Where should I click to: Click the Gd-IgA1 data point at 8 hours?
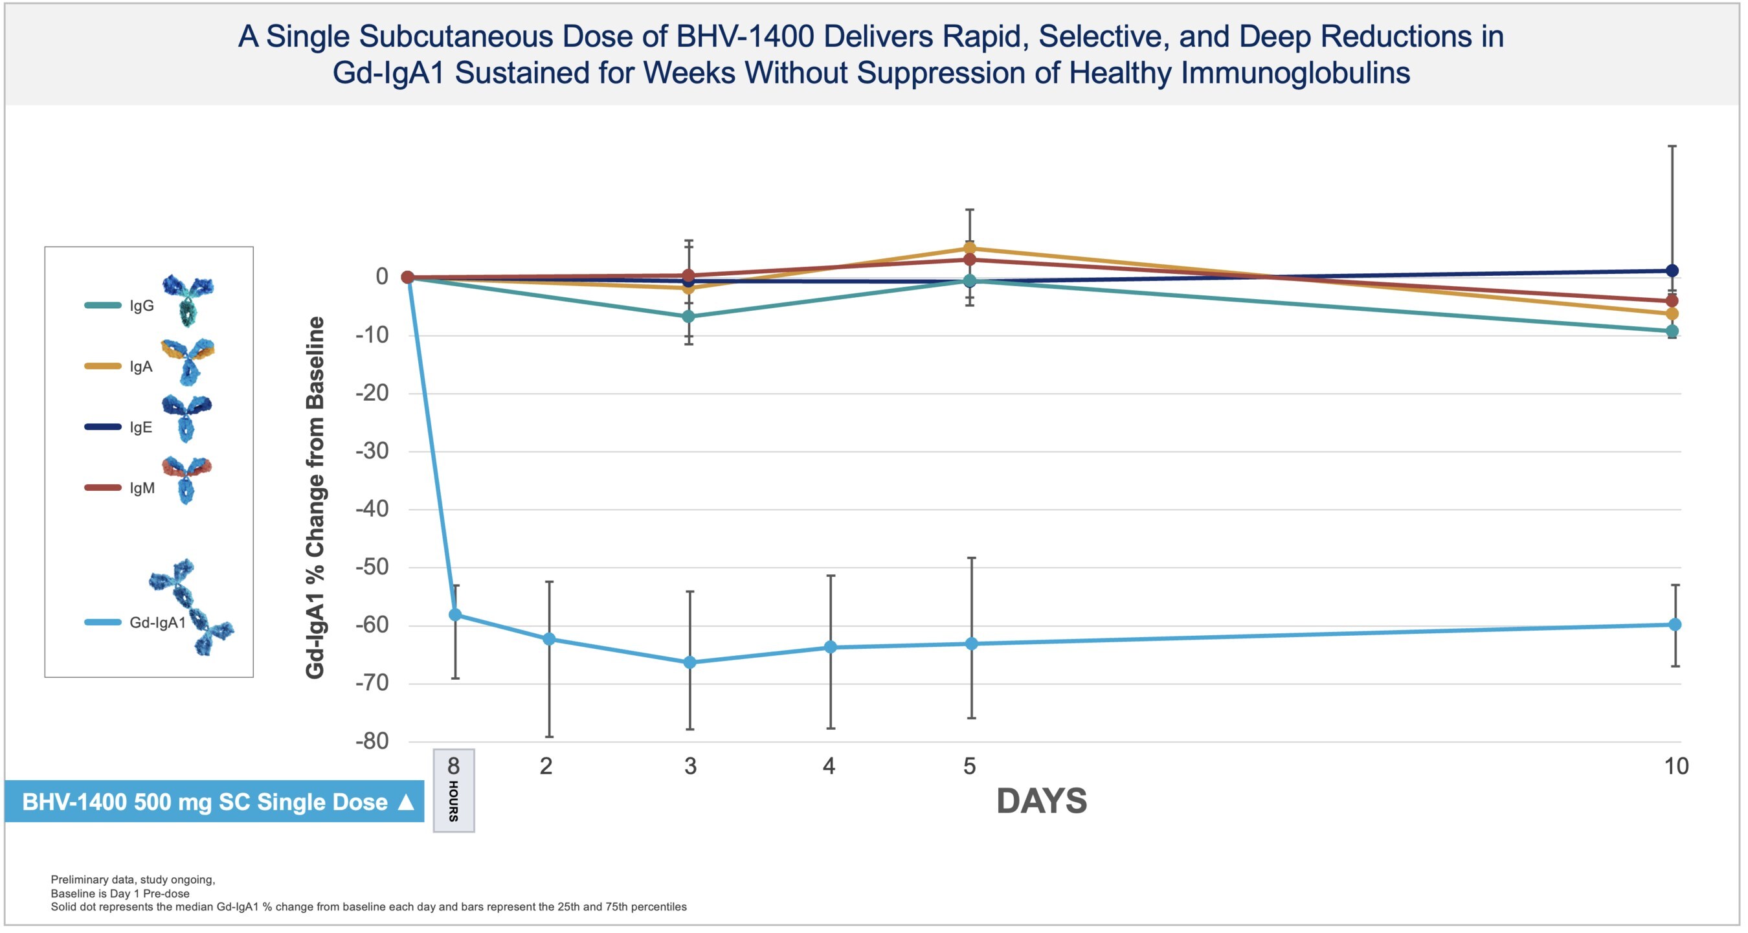pos(455,614)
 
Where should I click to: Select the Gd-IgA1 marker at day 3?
pos(689,662)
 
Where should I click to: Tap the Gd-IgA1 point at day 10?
pos(1675,624)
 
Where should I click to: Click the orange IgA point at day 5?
pos(970,249)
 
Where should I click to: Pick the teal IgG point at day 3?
pos(688,317)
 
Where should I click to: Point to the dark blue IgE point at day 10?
pos(1672,271)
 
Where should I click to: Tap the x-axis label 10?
pos(1676,766)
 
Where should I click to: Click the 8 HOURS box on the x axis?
pos(454,790)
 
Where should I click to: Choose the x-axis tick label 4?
pos(829,766)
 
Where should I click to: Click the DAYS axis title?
pos(1042,802)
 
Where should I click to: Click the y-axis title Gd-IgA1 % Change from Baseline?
pos(315,497)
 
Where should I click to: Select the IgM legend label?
pos(142,488)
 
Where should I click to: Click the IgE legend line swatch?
pos(102,427)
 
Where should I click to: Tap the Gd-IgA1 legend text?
pos(157,622)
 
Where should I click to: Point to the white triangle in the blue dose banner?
pos(406,802)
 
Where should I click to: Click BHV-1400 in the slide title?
pos(745,37)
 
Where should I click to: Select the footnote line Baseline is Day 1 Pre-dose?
pos(120,894)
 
